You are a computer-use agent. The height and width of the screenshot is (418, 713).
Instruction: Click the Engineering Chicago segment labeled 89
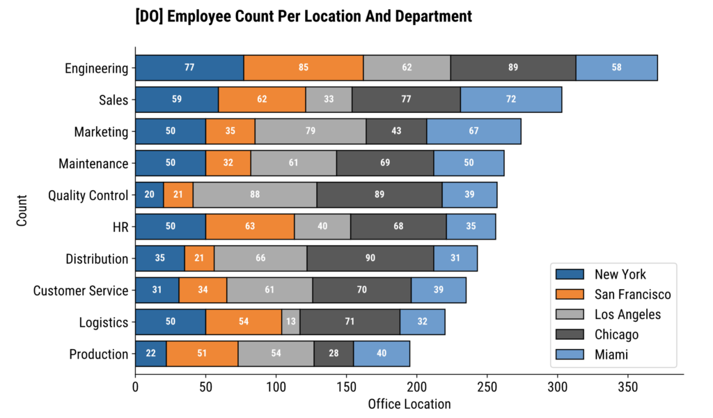point(513,68)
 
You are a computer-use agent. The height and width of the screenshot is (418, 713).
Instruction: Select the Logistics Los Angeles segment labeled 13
point(290,322)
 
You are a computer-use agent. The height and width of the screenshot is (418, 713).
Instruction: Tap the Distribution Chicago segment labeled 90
point(370,258)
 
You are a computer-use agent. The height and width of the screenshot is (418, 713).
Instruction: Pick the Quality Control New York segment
point(149,195)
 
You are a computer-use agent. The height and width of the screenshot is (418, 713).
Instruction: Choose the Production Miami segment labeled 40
point(382,354)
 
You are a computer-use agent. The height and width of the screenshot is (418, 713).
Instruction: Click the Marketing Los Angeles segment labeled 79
point(310,132)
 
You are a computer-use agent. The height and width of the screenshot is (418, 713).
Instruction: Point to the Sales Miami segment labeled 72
point(511,100)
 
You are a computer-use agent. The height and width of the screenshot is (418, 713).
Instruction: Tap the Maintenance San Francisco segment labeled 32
point(228,163)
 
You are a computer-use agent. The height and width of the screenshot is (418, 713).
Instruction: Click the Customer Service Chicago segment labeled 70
point(361,291)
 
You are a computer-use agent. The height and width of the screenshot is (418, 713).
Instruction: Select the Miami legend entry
point(611,355)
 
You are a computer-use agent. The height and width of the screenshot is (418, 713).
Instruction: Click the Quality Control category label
point(88,195)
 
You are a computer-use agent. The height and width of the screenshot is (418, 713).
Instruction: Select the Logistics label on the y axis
point(104,323)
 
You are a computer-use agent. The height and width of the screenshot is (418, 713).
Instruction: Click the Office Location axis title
point(409,404)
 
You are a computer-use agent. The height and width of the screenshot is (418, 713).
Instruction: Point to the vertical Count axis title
point(22,211)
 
